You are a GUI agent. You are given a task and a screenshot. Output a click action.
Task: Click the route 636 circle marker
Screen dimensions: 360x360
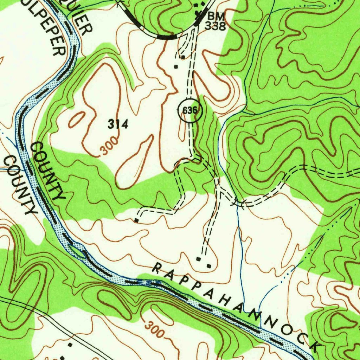tap(190, 111)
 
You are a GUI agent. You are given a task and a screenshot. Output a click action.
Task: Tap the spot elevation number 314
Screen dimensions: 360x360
tap(118, 124)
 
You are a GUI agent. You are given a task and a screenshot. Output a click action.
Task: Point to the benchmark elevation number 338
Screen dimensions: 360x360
tap(215, 26)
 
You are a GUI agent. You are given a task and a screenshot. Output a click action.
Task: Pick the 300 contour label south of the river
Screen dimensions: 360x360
tap(154, 329)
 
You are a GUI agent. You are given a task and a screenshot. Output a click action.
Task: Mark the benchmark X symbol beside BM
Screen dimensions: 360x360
tap(200, 13)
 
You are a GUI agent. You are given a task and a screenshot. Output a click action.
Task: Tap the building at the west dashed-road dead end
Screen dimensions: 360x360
tap(136, 220)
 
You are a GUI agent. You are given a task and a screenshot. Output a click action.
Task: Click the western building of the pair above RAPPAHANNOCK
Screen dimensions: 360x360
tap(199, 259)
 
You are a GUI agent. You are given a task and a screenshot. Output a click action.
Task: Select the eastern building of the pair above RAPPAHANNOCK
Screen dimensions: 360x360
tap(209, 266)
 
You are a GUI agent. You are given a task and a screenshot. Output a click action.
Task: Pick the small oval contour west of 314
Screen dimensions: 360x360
tap(76, 120)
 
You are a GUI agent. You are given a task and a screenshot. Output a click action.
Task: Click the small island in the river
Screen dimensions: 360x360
tap(78, 250)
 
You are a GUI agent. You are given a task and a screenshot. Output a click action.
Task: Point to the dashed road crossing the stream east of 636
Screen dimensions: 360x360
tap(238, 203)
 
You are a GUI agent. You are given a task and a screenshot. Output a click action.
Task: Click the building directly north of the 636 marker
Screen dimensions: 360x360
tap(176, 66)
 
